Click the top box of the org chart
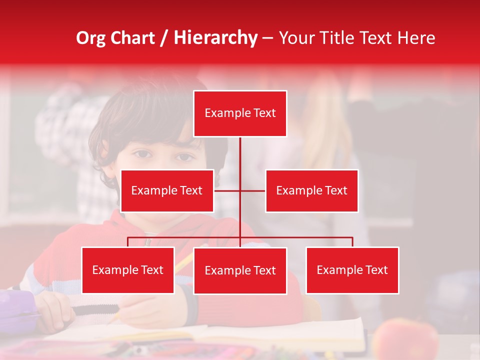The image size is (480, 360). coord(240,113)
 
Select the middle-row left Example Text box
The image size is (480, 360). coord(167,190)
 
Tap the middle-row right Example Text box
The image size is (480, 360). coord(311,190)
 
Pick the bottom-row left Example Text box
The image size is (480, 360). coord(128,270)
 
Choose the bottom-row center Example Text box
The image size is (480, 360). coord(240,270)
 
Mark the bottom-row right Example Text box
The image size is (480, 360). coord(352,270)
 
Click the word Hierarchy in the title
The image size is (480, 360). coord(215,38)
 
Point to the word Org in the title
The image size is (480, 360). coord(90,38)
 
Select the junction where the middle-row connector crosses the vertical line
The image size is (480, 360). coord(240,190)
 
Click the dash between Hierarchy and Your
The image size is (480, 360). coord(267,38)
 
